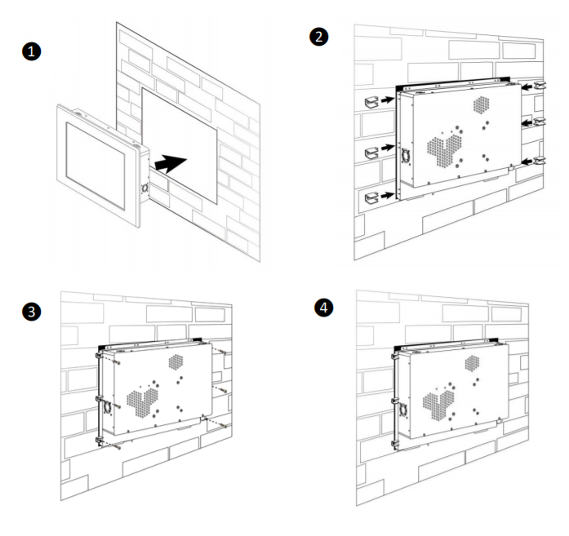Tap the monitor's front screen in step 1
[x=93, y=158]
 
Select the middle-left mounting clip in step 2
[x=371, y=150]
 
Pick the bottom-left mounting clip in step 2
[x=371, y=195]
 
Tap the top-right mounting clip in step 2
[x=538, y=84]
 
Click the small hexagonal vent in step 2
[x=482, y=103]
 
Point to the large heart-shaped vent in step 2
[x=444, y=150]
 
